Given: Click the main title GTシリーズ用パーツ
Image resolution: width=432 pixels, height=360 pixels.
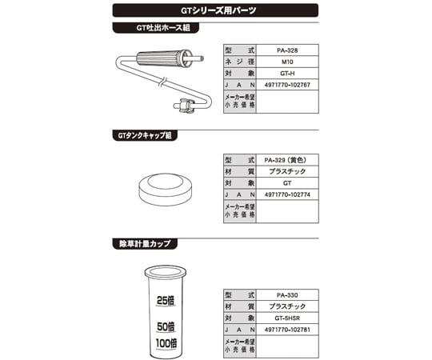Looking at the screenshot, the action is pyautogui.click(x=218, y=10).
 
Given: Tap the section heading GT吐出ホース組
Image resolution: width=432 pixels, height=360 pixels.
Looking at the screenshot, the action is pyautogui.click(x=163, y=28).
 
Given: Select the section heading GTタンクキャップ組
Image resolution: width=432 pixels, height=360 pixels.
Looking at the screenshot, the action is pyautogui.click(x=145, y=135).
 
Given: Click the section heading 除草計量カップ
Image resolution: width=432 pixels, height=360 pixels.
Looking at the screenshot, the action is pyautogui.click(x=145, y=244).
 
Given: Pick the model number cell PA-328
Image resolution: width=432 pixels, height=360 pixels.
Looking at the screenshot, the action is pyautogui.click(x=287, y=50).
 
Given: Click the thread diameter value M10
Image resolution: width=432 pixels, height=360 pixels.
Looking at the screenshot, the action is pyautogui.click(x=287, y=62).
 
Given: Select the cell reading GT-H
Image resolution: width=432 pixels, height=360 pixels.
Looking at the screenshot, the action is pyautogui.click(x=287, y=74).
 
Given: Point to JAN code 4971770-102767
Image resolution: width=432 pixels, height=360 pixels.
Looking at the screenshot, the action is pyautogui.click(x=287, y=85).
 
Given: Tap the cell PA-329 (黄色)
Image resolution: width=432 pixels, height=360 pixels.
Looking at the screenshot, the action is pyautogui.click(x=286, y=160).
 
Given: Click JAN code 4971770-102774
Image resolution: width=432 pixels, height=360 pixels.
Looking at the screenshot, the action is pyautogui.click(x=287, y=194).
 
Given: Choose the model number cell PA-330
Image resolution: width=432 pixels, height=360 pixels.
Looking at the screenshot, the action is pyautogui.click(x=287, y=295).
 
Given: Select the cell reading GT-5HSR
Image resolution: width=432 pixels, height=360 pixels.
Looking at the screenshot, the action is pyautogui.click(x=287, y=318).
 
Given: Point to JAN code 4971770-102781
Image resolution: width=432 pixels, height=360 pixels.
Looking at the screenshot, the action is pyautogui.click(x=287, y=330).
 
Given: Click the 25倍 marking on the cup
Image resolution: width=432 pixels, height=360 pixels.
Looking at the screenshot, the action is pyautogui.click(x=166, y=301).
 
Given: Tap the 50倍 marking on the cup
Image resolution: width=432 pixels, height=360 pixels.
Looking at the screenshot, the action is pyautogui.click(x=166, y=326).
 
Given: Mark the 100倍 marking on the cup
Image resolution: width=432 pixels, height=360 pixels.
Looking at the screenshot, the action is pyautogui.click(x=166, y=343).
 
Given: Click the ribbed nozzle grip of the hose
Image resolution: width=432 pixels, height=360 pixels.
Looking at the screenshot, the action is pyautogui.click(x=160, y=58).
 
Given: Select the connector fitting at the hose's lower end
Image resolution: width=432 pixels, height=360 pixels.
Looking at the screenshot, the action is pyautogui.click(x=185, y=106).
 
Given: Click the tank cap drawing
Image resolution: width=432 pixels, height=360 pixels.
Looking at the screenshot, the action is pyautogui.click(x=166, y=190).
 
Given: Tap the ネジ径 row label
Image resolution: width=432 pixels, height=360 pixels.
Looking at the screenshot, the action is pyautogui.click(x=240, y=62).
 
